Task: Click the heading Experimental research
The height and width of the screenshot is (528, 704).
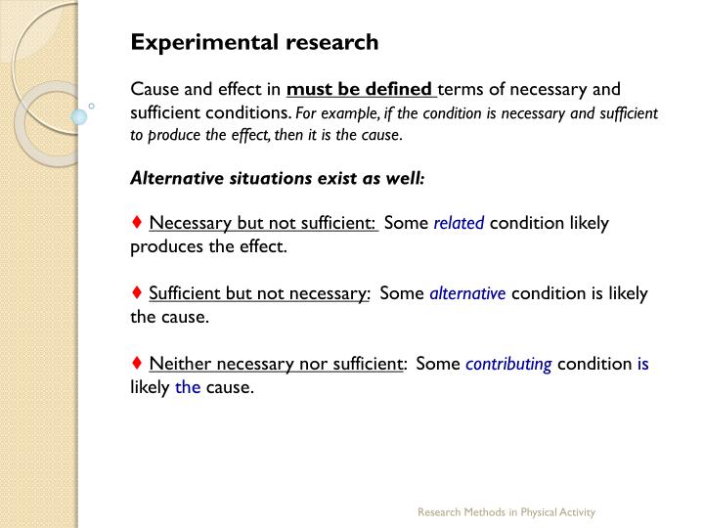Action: click(x=254, y=42)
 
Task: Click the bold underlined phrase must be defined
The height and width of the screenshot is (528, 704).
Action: click(x=361, y=90)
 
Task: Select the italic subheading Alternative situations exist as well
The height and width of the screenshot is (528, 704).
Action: click(x=278, y=179)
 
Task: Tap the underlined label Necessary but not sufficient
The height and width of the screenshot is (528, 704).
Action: click(x=263, y=223)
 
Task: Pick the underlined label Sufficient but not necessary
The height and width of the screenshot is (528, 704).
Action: click(x=259, y=293)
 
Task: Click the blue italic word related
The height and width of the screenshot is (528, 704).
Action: click(x=459, y=223)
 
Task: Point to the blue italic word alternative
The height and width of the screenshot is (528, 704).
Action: click(x=467, y=293)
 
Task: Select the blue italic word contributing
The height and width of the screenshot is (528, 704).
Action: click(x=508, y=364)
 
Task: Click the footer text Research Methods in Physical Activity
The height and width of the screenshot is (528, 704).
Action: click(x=506, y=512)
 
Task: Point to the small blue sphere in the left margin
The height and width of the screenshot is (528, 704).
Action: click(x=79, y=117)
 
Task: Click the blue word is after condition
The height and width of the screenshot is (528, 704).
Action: click(x=642, y=364)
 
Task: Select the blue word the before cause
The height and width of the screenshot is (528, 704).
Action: click(x=188, y=387)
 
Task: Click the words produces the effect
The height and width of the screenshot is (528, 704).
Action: click(x=208, y=246)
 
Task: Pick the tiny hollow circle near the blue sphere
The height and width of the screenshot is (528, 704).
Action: click(x=91, y=105)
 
